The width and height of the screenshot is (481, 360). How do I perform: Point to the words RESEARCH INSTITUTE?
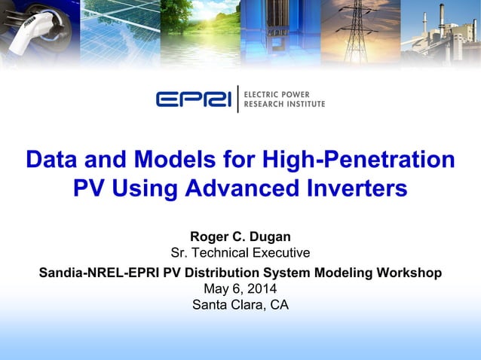tap(286, 104)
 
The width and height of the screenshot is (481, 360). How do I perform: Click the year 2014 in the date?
tap(262, 288)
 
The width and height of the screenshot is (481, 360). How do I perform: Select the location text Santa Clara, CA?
tap(240, 305)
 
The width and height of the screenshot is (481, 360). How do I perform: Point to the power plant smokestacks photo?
tap(441, 30)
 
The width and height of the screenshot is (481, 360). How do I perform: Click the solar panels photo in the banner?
tap(117, 30)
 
